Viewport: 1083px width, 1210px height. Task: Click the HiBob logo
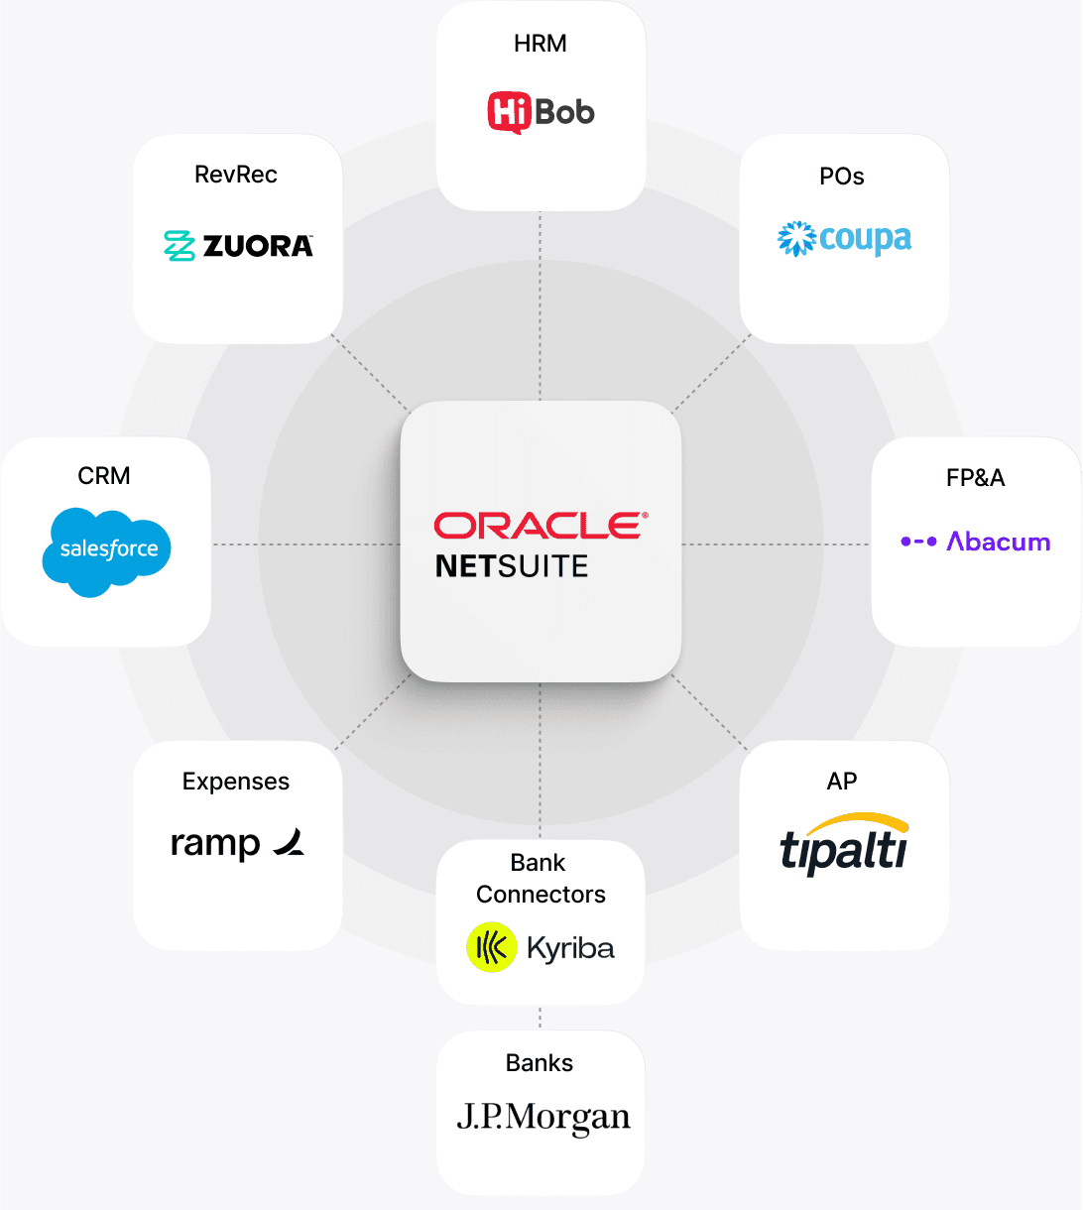point(541,112)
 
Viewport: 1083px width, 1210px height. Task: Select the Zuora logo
point(238,245)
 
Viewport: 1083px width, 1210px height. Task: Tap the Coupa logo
point(844,239)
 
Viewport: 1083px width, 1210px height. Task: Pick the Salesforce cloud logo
point(107,551)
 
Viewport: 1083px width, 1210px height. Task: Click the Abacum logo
point(975,542)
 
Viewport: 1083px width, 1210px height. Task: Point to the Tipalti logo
point(844,844)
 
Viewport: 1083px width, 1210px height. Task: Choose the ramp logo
point(237,843)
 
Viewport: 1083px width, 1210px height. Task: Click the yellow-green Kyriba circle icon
point(491,947)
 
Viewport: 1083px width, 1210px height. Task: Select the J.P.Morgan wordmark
point(542,1118)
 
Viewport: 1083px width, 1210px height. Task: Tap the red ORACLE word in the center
point(541,526)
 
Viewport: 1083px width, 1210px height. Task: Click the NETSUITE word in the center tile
point(512,566)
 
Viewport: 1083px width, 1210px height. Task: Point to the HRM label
point(541,44)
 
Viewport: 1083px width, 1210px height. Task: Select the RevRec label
point(236,175)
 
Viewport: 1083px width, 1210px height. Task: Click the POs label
point(842,177)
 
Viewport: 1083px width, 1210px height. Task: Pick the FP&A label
point(975,478)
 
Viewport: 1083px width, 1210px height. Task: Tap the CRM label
point(104,476)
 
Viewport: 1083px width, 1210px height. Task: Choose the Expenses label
point(236,782)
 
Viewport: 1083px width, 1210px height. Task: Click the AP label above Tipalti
point(842,782)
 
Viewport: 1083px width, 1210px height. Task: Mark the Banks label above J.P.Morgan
point(540,1063)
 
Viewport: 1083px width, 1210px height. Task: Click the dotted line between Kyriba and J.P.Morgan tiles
point(541,1017)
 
